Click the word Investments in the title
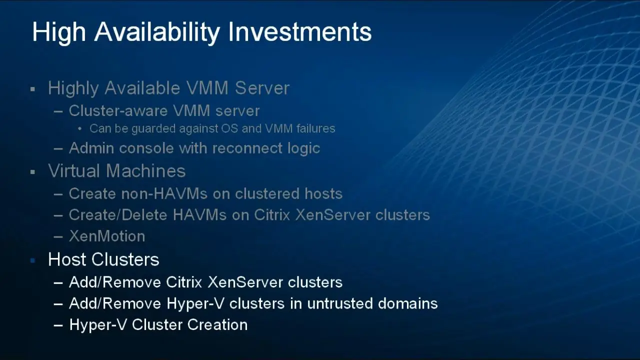(300, 32)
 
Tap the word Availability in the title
(157, 32)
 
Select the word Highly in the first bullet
(73, 88)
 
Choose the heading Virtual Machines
(116, 171)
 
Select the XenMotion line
(106, 236)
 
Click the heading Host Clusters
(103, 259)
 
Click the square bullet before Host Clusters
(33, 260)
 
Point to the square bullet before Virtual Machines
(33, 172)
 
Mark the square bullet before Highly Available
(33, 89)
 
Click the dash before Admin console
(58, 149)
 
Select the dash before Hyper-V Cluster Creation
(58, 325)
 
